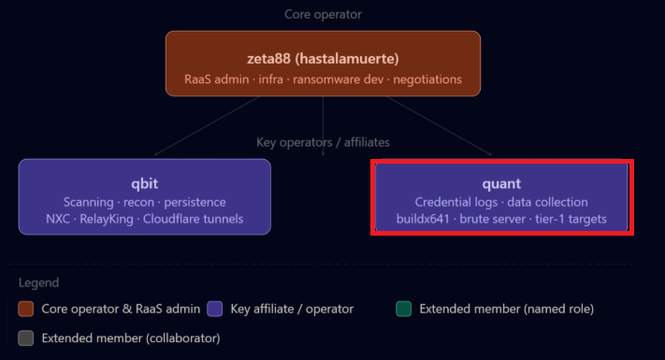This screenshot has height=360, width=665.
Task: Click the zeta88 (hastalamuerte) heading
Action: [323, 58]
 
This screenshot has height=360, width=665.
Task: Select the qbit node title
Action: [145, 183]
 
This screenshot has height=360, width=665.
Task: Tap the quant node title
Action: [501, 183]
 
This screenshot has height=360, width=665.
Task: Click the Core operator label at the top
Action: [323, 14]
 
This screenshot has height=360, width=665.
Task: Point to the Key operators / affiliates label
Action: [323, 142]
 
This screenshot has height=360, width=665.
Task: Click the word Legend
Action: [38, 282]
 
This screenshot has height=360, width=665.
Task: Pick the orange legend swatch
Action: [26, 309]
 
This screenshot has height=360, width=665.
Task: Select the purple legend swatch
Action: [214, 309]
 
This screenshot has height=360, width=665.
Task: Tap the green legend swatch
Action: [403, 309]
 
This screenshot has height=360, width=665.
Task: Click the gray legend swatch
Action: [26, 338]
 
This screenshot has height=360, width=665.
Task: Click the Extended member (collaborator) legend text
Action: [131, 338]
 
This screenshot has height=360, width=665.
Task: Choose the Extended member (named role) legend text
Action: [506, 309]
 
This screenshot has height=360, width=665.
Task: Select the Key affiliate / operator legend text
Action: [292, 309]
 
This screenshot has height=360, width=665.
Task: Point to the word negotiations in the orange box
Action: [427, 79]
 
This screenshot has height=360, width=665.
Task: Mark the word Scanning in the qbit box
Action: [89, 202]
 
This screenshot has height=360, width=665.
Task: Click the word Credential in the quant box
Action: [455, 202]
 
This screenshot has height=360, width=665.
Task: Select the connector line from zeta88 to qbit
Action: [208, 125]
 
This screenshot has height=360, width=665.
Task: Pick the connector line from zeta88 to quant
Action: [439, 125]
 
